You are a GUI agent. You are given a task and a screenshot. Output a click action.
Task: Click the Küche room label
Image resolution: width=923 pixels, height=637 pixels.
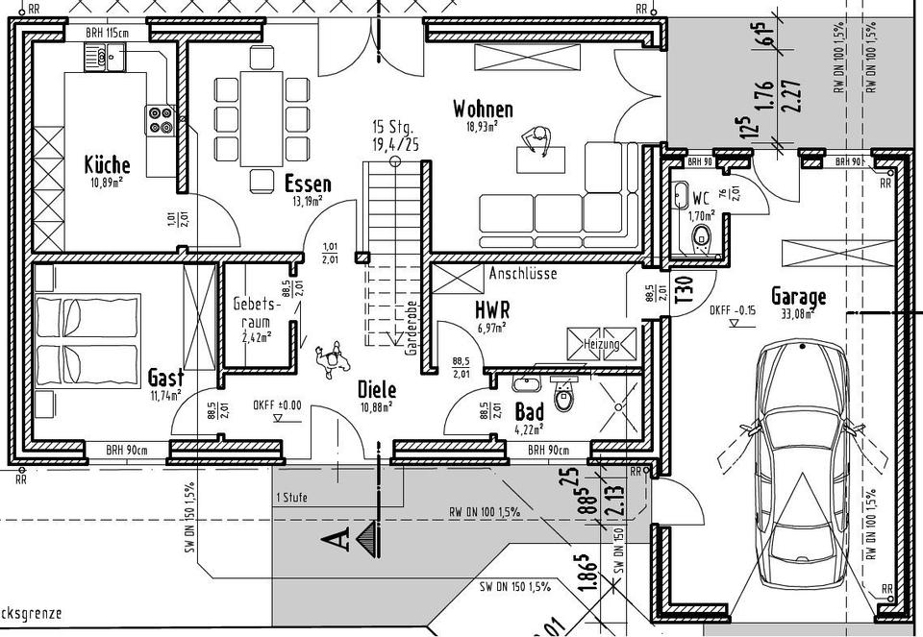click(107, 163)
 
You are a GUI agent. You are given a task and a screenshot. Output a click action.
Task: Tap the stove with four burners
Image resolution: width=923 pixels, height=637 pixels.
click(160, 119)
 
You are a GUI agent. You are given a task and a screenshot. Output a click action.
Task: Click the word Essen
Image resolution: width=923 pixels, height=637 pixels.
click(308, 184)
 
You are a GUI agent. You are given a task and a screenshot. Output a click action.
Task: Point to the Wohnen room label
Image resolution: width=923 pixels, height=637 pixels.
click(483, 110)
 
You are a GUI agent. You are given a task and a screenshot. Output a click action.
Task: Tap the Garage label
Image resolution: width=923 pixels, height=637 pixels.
click(798, 297)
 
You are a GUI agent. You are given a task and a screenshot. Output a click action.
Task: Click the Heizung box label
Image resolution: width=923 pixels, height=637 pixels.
click(603, 344)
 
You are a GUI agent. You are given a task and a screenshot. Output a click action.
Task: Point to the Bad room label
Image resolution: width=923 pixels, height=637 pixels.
click(530, 411)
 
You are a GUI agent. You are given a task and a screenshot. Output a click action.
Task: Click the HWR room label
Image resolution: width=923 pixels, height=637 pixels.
click(491, 309)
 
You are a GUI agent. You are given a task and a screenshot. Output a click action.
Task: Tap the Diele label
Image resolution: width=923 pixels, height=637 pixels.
click(377, 389)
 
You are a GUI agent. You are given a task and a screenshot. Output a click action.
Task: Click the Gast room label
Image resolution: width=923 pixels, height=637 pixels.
click(165, 378)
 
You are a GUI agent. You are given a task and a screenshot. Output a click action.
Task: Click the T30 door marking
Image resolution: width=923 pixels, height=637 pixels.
click(684, 289)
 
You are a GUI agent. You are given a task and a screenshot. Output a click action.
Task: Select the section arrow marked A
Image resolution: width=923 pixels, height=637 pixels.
click(352, 540)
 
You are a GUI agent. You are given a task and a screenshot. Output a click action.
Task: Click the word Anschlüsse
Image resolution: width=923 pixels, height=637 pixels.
click(523, 273)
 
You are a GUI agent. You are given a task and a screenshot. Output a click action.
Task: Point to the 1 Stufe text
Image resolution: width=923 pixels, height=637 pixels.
click(292, 498)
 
